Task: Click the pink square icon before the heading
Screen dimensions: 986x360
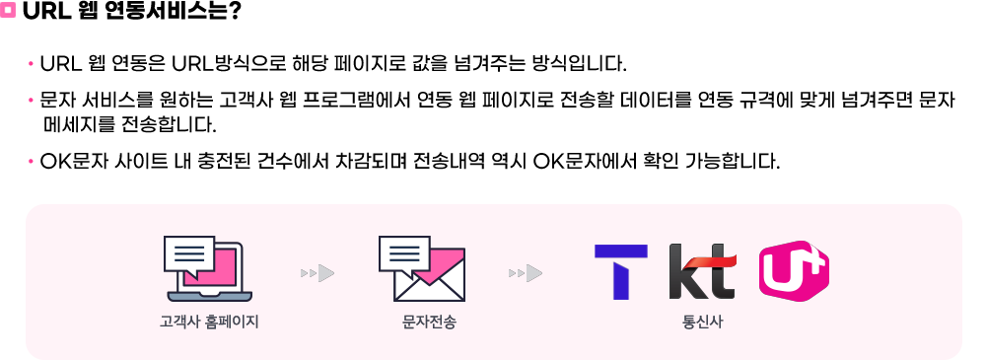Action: click(8, 11)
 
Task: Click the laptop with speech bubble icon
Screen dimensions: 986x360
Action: click(207, 269)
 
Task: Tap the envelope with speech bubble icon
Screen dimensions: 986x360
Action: click(421, 269)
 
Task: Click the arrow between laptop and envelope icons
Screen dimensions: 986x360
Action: click(317, 273)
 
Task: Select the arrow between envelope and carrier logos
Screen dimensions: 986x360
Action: click(526, 273)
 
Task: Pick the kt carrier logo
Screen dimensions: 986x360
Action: click(702, 272)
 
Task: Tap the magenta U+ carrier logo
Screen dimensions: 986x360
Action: click(794, 271)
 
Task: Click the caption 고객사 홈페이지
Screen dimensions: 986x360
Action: click(209, 324)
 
